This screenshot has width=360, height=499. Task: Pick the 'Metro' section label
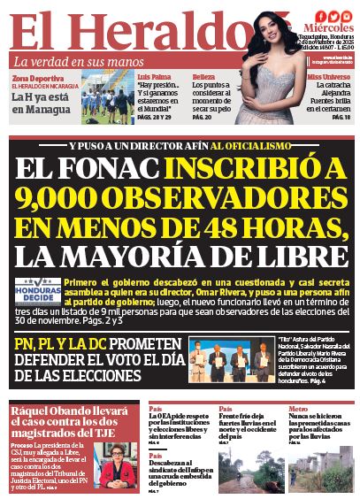click(297, 409)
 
